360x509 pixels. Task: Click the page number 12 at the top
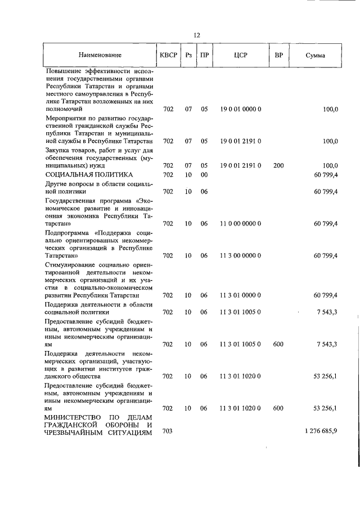tap(197, 35)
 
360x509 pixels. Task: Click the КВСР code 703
tap(168, 431)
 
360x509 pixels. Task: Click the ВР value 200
tap(278, 165)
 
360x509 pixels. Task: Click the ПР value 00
tap(204, 175)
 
